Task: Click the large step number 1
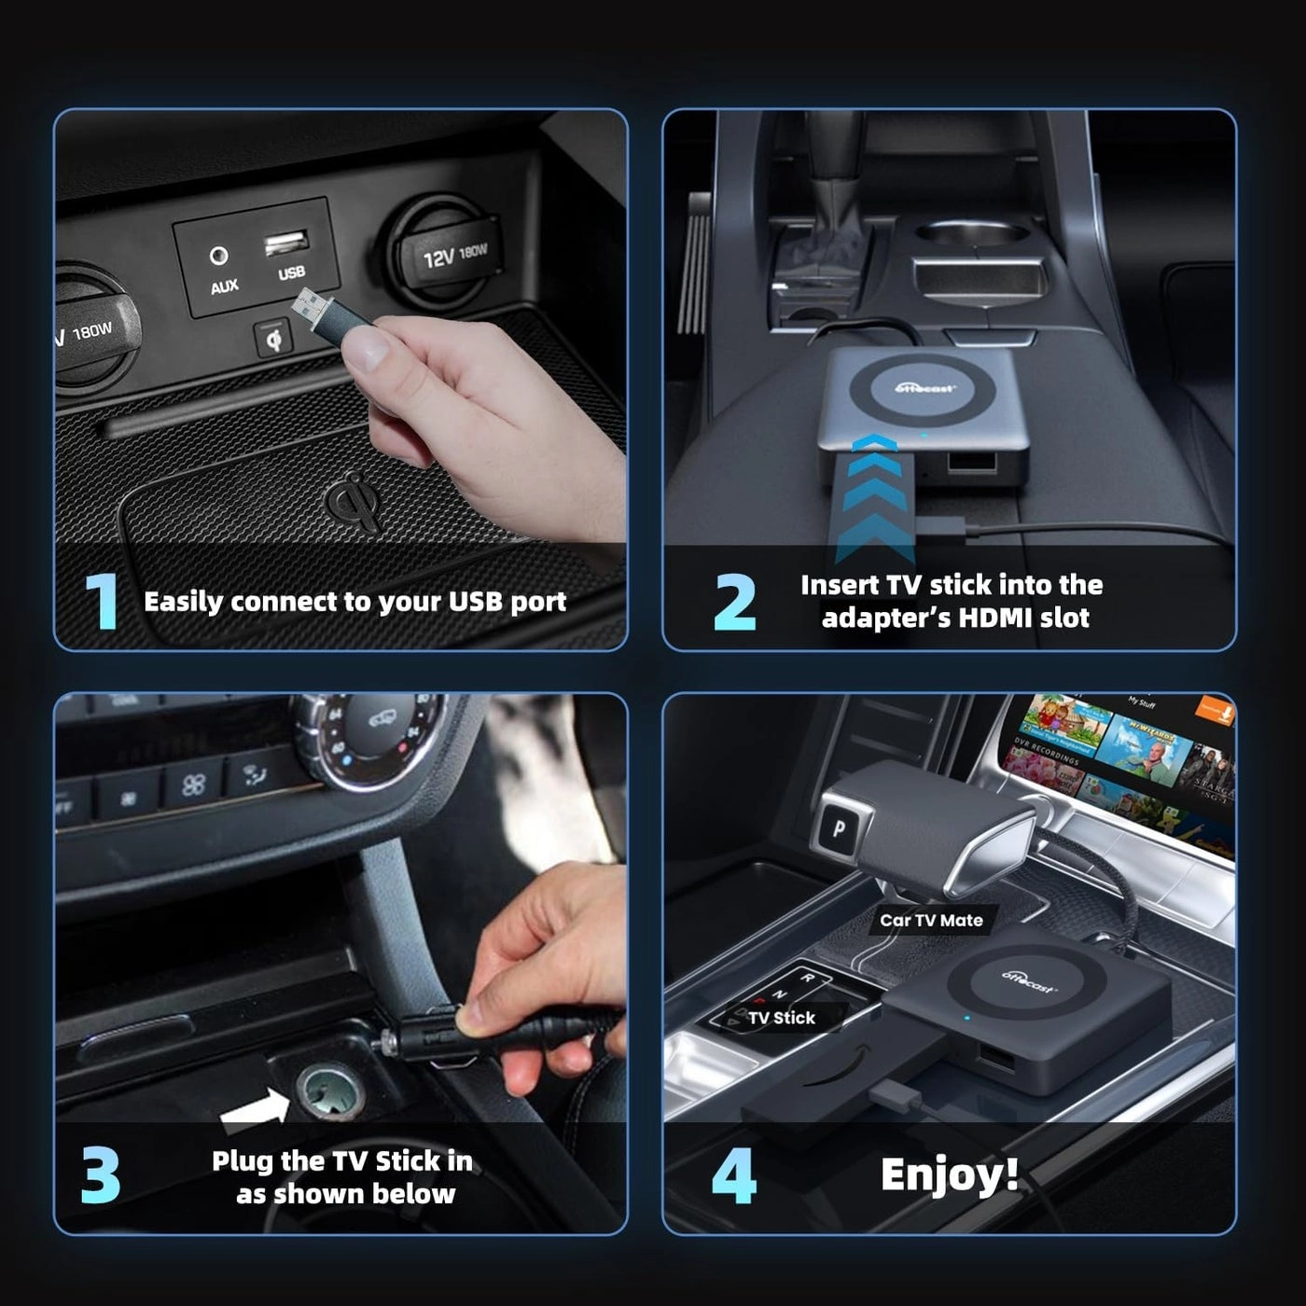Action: click(102, 601)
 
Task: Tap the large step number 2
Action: click(735, 602)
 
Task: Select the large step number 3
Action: click(101, 1174)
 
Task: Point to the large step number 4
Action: click(733, 1175)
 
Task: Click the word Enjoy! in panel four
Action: click(949, 1174)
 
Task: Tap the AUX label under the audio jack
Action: click(224, 286)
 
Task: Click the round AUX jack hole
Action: click(219, 256)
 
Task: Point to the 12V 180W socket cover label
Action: click(454, 254)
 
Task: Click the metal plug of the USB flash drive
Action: click(311, 305)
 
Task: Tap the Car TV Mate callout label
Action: click(931, 920)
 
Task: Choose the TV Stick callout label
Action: click(782, 1018)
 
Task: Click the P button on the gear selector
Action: click(840, 828)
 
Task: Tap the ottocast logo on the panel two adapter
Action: click(924, 387)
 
